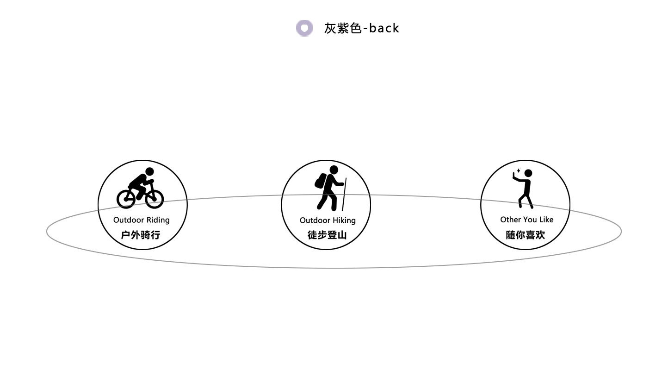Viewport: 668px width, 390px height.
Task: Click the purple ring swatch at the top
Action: [x=304, y=28]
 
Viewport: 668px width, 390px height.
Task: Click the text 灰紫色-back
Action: [x=361, y=28]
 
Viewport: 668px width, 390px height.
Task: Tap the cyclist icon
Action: [x=140, y=189]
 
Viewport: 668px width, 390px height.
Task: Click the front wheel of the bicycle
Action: [x=155, y=199]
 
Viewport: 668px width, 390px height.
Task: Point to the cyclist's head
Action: [x=149, y=171]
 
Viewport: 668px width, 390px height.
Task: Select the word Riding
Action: [x=158, y=220]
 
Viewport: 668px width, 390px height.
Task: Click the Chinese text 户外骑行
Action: [x=141, y=235]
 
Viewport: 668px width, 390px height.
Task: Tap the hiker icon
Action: [x=329, y=188]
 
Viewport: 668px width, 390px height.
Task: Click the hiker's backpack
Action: [x=320, y=181]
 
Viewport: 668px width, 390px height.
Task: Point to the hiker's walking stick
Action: [x=344, y=195]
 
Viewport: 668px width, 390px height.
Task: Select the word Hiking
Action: [x=344, y=220]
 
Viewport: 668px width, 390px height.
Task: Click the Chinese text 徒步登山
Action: [x=327, y=235]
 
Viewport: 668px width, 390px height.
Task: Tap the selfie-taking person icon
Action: [x=523, y=189]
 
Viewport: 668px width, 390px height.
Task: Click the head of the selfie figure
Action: [x=528, y=173]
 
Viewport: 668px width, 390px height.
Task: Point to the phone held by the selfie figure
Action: [x=514, y=175]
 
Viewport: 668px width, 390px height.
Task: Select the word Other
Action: [x=510, y=220]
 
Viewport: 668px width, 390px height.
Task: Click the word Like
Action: [x=546, y=220]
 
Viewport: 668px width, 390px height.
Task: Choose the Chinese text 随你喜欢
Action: [x=525, y=235]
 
